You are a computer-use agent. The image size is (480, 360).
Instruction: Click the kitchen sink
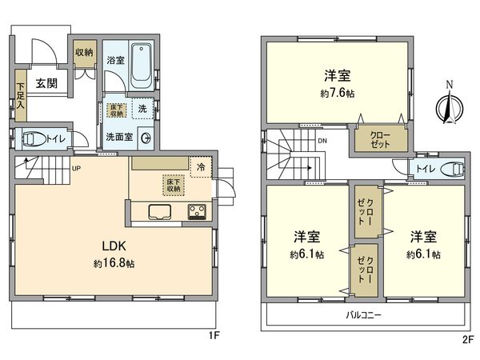click(158, 212)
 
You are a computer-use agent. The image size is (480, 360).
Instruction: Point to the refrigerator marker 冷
click(202, 166)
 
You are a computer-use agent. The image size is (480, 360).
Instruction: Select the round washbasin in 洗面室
click(146, 137)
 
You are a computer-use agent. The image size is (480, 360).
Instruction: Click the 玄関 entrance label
click(45, 82)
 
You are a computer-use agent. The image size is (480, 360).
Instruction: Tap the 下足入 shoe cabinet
click(20, 97)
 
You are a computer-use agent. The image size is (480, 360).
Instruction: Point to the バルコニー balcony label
click(364, 315)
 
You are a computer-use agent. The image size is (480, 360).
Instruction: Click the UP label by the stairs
click(76, 169)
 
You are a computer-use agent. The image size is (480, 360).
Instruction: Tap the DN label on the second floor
click(322, 142)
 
